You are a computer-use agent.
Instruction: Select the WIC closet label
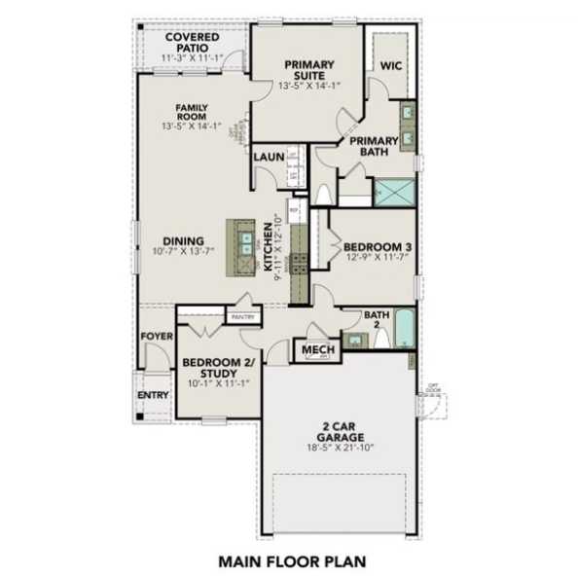click(391, 66)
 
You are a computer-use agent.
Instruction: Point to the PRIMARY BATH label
click(369, 145)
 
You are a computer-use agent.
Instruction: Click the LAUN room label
click(268, 156)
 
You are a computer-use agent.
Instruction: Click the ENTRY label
click(152, 395)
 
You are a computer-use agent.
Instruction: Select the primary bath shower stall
click(393, 191)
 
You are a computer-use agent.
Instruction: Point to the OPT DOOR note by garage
click(430, 390)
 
